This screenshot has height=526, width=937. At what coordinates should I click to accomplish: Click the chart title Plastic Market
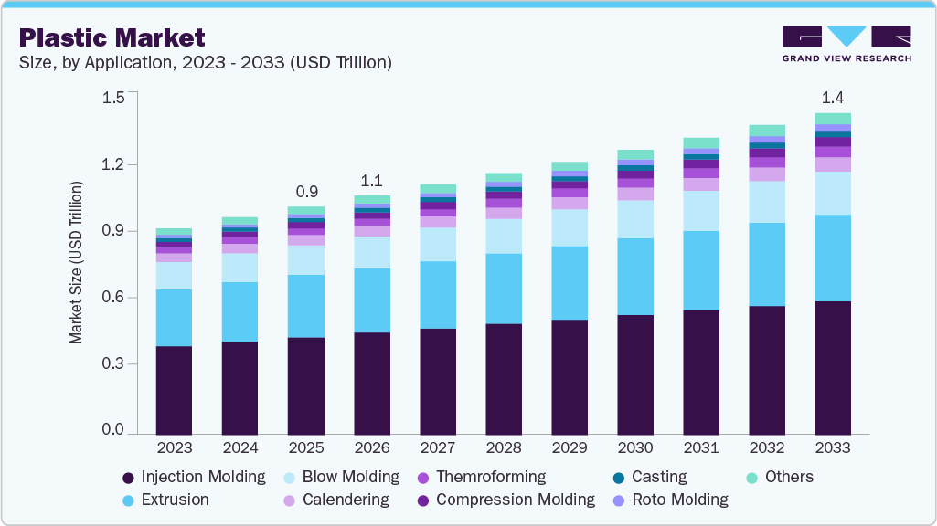click(112, 37)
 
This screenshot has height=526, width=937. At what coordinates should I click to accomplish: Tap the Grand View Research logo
click(846, 44)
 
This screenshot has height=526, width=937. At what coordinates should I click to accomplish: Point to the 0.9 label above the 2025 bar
click(306, 193)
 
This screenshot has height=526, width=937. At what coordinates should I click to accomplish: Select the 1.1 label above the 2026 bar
click(372, 181)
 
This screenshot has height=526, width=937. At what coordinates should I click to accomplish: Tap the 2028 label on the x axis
click(504, 447)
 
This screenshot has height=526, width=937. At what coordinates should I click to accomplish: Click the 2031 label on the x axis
click(701, 447)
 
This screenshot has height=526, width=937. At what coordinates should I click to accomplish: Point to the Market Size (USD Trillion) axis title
click(77, 263)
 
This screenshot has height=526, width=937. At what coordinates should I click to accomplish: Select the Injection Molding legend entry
click(194, 477)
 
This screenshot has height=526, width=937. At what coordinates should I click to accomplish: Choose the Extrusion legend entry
click(165, 500)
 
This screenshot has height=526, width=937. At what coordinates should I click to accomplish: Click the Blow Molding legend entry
click(341, 477)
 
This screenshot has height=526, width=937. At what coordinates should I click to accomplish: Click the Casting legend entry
click(650, 477)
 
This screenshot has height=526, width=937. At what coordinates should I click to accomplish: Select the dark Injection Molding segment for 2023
click(174, 390)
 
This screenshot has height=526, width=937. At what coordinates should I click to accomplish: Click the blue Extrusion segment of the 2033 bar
click(833, 258)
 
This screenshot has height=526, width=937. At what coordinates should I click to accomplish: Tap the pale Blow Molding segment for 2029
click(570, 227)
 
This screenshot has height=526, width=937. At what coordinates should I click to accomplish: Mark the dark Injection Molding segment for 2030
click(635, 373)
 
